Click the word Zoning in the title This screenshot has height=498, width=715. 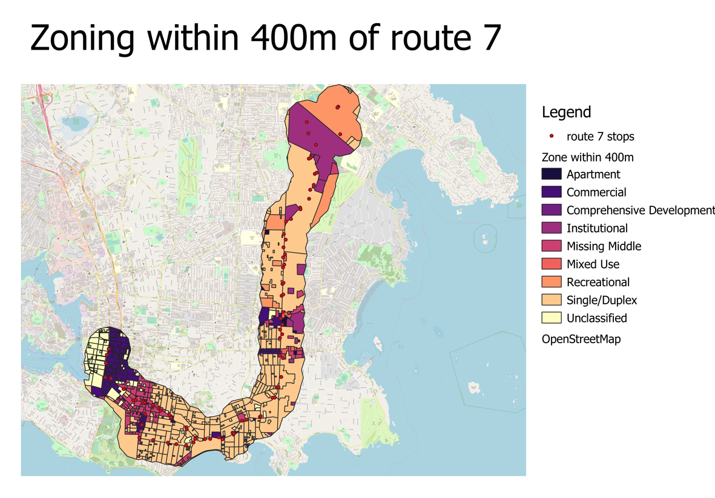(82, 38)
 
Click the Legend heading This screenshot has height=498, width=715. (566, 112)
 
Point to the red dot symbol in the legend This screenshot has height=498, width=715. (552, 136)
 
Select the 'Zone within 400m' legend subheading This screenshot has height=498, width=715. (587, 157)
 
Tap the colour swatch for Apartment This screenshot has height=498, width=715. (552, 174)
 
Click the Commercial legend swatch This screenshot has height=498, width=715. (552, 192)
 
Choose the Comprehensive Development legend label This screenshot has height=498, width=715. (640, 211)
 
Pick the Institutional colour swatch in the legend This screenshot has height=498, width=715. (552, 228)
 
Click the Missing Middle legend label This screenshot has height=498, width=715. (604, 246)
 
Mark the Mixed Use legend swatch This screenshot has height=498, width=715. (552, 264)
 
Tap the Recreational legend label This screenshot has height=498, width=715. (598, 282)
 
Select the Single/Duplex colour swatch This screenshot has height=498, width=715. (552, 300)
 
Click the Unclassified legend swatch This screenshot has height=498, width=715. (552, 318)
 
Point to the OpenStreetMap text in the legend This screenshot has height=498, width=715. (581, 339)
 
